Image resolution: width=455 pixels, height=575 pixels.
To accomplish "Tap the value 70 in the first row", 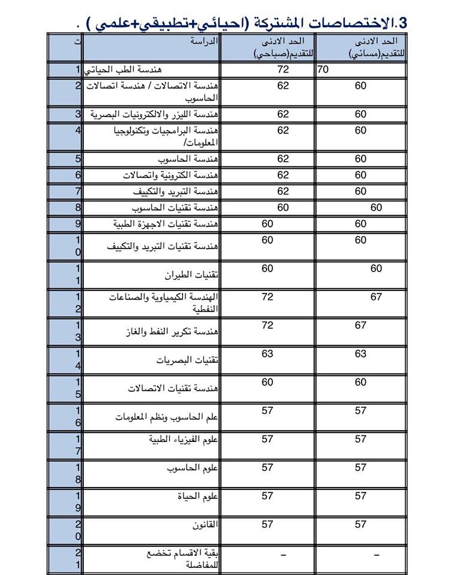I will point(323,70).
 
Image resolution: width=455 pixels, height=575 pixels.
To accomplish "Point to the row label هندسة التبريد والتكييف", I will point(175,192).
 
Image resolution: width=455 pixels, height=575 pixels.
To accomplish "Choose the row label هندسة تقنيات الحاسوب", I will point(171,208).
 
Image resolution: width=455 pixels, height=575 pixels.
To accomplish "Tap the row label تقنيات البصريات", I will point(187,361).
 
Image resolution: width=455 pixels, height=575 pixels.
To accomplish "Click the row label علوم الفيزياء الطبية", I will point(183,440).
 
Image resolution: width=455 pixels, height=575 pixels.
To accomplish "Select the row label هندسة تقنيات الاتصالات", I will point(173,389).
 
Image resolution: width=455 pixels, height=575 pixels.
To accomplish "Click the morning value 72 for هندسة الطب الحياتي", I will point(283,70).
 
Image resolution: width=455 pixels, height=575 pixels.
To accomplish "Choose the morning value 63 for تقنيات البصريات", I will point(267,354).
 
